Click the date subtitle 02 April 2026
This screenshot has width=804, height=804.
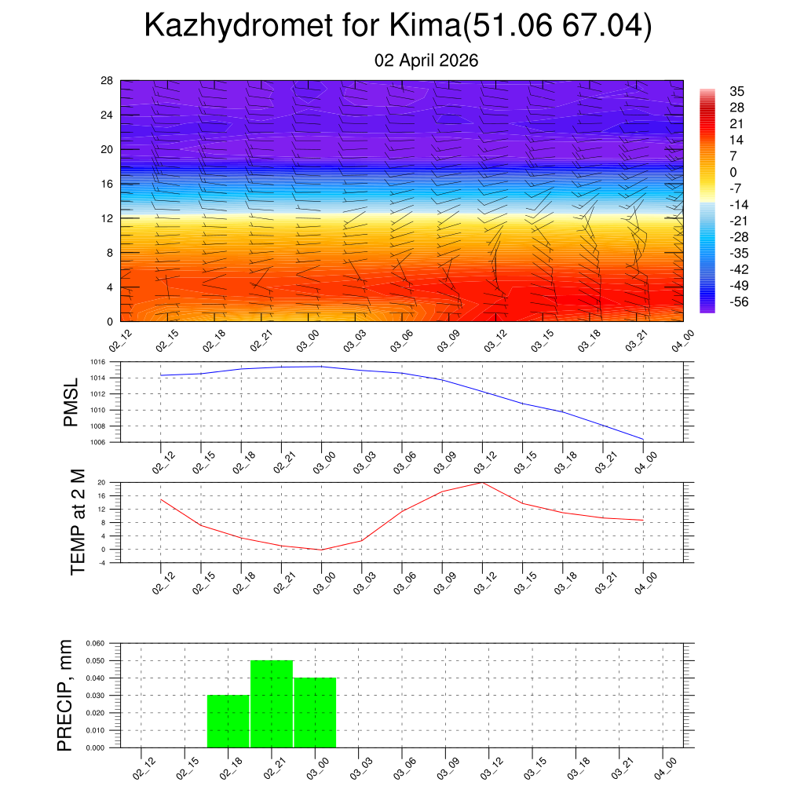pyautogui.click(x=426, y=60)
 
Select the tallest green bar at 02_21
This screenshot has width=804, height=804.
pyautogui.click(x=272, y=703)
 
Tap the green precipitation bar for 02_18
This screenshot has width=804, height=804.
pyautogui.click(x=228, y=721)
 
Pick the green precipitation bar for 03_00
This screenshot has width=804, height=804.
pyautogui.click(x=315, y=712)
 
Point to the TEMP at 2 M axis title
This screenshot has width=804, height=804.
pyautogui.click(x=78, y=521)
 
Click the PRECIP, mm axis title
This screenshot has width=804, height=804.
pyautogui.click(x=65, y=696)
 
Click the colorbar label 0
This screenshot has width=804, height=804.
pyautogui.click(x=733, y=173)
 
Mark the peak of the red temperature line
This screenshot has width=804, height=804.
pyautogui.click(x=482, y=482)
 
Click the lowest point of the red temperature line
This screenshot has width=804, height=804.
pyautogui.click(x=321, y=550)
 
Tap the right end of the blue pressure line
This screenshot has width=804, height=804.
pyautogui.click(x=643, y=439)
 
